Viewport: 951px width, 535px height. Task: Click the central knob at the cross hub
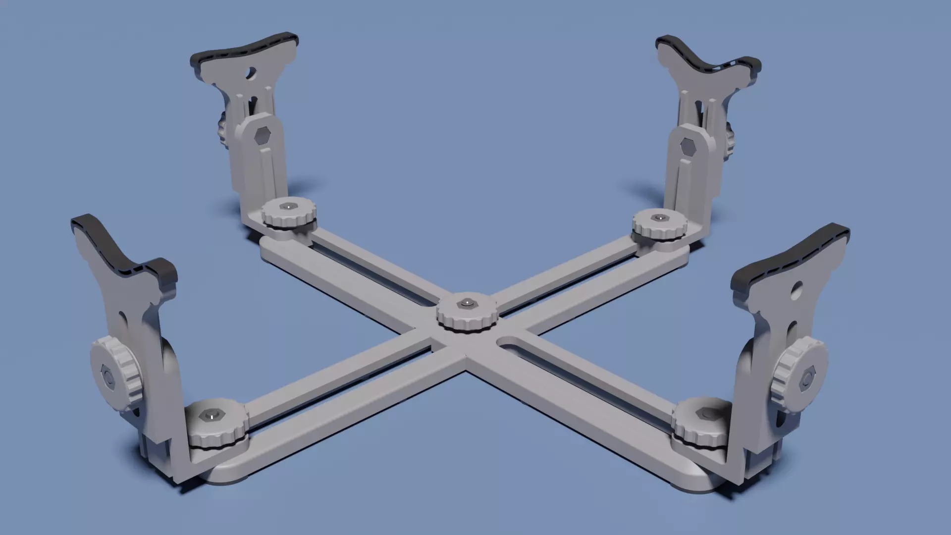pyautogui.click(x=466, y=317)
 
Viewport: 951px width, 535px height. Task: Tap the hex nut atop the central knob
pyautogui.click(x=466, y=302)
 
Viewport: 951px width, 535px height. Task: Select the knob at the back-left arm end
pyautogui.click(x=289, y=214)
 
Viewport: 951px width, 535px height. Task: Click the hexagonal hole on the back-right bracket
pyautogui.click(x=687, y=146)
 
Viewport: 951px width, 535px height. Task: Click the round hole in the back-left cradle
pyautogui.click(x=251, y=73)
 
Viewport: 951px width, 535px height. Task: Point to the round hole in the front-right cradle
pyautogui.click(x=797, y=287)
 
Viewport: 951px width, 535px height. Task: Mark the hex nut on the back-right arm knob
pyautogui.click(x=659, y=217)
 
